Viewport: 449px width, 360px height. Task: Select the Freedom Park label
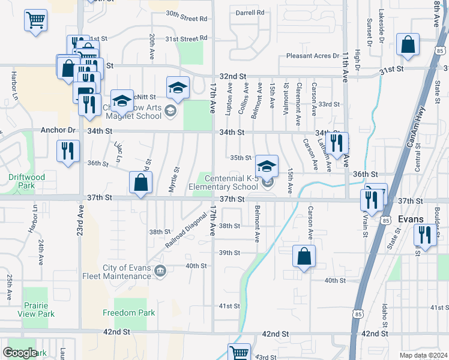pos(128,313)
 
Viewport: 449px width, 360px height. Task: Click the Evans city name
pos(411,220)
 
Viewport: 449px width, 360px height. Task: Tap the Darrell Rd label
pos(250,12)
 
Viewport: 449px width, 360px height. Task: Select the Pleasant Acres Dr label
pos(313,56)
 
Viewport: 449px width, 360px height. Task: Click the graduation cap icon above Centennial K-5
pos(267,165)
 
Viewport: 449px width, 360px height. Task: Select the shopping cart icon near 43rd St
pos(239,352)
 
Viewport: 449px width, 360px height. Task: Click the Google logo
pos(20,353)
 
